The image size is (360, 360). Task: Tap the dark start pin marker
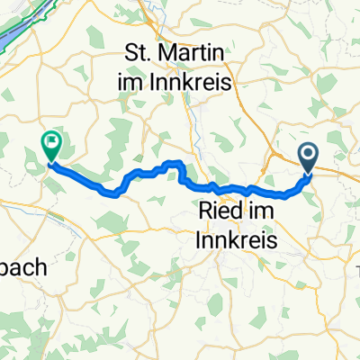tap(309, 158)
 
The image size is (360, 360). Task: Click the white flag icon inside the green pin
tap(50, 140)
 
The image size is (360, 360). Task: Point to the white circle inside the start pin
tap(309, 153)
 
